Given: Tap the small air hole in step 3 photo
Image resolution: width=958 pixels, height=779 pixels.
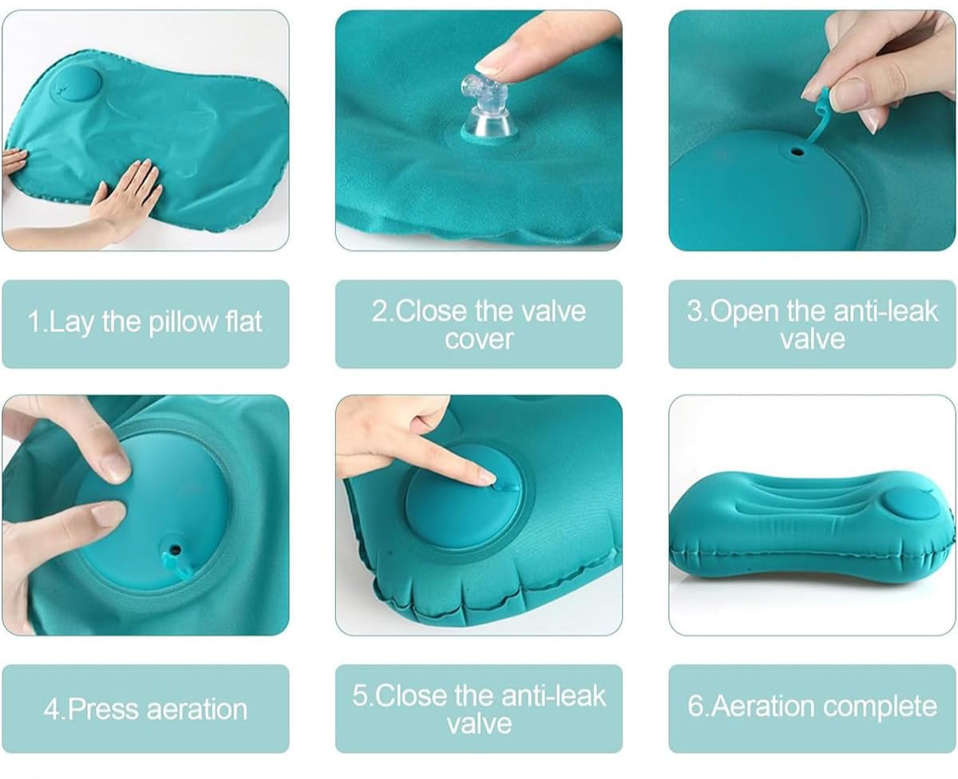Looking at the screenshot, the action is [x=798, y=152].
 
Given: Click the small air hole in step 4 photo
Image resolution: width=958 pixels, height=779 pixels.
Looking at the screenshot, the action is [x=176, y=549].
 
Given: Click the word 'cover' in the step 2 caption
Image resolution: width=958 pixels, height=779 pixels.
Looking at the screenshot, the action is [x=479, y=339].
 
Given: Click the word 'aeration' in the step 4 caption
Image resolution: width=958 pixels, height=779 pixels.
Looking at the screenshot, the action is [x=197, y=710].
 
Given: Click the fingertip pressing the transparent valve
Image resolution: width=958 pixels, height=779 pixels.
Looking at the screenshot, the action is [x=491, y=65].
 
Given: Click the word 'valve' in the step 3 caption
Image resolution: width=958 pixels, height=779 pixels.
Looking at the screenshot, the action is [x=812, y=339].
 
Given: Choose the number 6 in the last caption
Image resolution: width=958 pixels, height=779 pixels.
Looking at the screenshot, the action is [x=695, y=706].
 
